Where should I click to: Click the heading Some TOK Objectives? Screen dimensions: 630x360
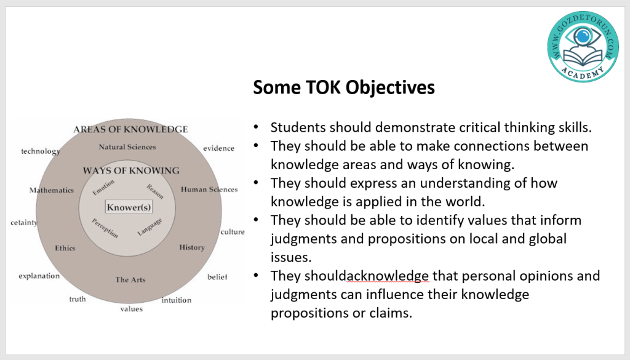click(x=344, y=87)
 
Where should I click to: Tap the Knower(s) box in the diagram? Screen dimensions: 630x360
click(x=129, y=207)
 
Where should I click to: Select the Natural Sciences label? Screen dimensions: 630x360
click(x=127, y=147)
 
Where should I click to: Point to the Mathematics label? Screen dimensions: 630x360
click(x=52, y=190)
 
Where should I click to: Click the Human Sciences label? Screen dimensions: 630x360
click(x=209, y=190)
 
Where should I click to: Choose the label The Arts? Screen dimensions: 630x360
click(x=130, y=279)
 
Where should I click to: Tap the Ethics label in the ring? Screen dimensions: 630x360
click(x=65, y=248)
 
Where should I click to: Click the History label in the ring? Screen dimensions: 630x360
click(x=192, y=247)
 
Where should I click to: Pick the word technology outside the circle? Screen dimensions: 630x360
click(x=41, y=151)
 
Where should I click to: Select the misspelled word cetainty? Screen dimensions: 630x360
click(x=24, y=223)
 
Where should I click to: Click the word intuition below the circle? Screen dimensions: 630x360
click(x=177, y=300)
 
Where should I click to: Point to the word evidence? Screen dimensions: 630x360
click(x=218, y=148)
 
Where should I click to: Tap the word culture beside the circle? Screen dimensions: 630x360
click(x=233, y=232)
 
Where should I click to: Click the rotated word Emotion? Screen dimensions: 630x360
click(x=103, y=187)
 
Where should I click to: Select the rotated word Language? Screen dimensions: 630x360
click(x=150, y=227)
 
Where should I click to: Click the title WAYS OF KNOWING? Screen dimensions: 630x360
click(x=131, y=170)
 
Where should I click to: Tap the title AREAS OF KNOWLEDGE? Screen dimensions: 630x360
click(x=130, y=129)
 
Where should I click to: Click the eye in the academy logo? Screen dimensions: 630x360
click(x=583, y=37)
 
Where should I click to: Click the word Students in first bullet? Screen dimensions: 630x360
click(x=298, y=127)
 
